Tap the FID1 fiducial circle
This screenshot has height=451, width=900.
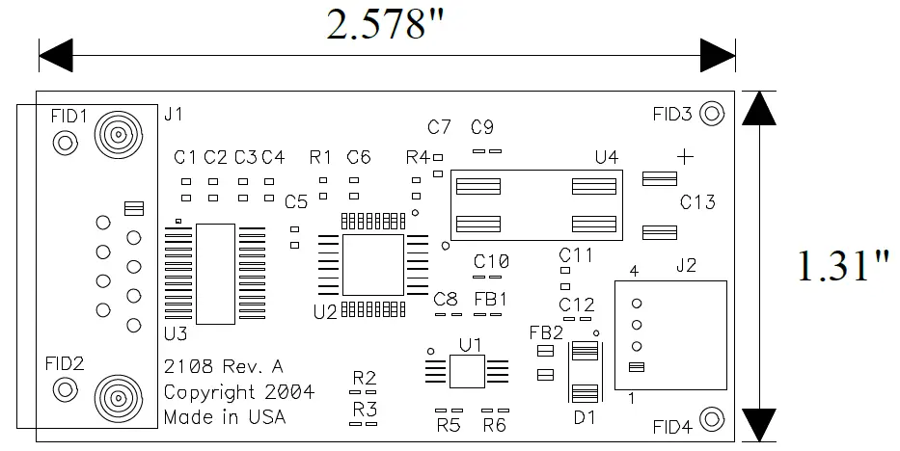[x=65, y=144]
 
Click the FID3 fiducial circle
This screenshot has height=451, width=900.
[x=712, y=114]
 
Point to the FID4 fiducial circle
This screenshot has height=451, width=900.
[x=712, y=418]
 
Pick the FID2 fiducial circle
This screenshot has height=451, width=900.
[x=65, y=390]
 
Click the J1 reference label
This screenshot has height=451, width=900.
[x=174, y=115]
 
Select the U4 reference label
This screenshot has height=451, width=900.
[x=607, y=157]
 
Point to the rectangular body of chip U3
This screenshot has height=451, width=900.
[x=216, y=274]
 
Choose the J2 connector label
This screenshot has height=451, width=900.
[x=686, y=264]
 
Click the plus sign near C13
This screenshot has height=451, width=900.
[x=685, y=156]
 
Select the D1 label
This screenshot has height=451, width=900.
[x=585, y=417]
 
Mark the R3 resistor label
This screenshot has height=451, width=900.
[x=364, y=409]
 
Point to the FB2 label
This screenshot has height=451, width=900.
[x=546, y=332]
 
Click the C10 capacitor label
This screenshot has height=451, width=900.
[x=491, y=261]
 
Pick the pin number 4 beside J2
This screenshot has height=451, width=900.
[x=634, y=273]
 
